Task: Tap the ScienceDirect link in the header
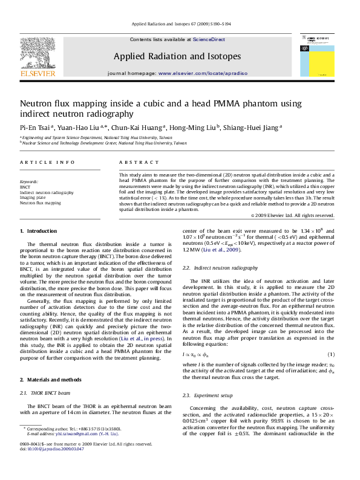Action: [209, 39]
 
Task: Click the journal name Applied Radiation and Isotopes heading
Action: [177, 56]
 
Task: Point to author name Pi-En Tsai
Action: [36, 127]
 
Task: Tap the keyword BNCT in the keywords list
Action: [25, 187]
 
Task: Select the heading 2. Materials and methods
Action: [52, 362]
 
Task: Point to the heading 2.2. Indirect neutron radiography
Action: [220, 267]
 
